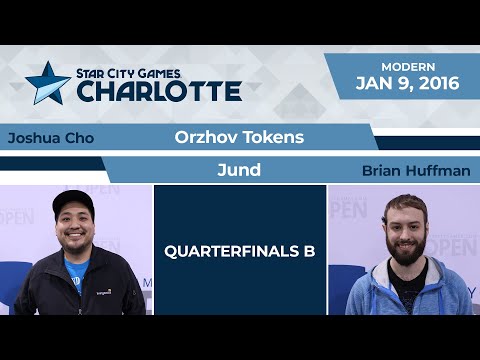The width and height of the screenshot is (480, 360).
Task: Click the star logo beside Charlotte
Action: (48, 83)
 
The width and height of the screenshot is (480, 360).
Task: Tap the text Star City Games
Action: (146, 72)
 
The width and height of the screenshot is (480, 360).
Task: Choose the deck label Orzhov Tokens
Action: (238, 137)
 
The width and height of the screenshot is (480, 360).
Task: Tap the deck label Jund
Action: (238, 170)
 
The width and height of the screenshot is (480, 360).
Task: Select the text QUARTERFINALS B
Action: (240, 251)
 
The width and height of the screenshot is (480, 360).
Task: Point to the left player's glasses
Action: (79, 217)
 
